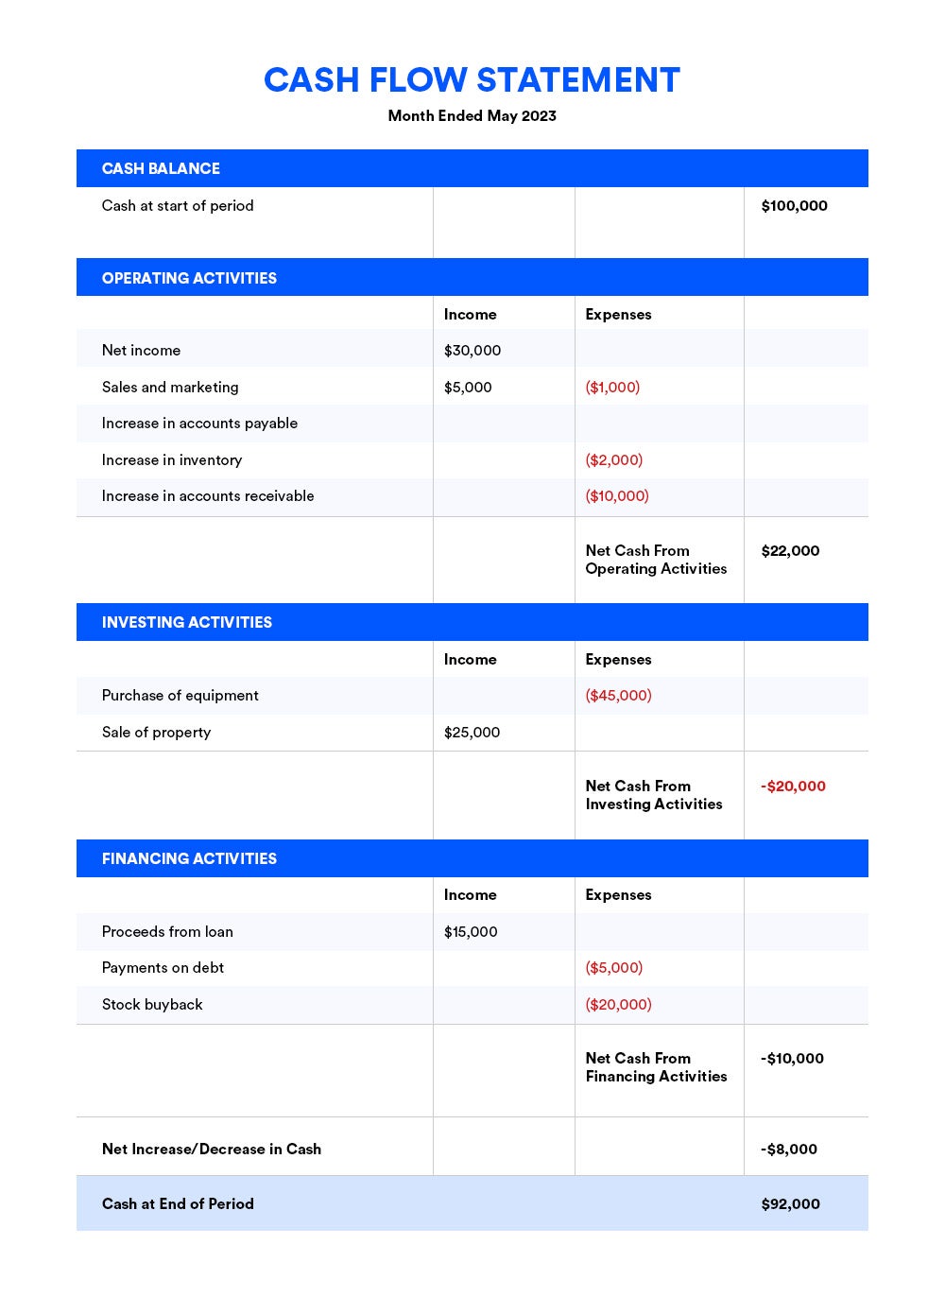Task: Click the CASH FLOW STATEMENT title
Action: point(472,80)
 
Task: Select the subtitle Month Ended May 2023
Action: point(472,116)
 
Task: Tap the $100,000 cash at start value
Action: point(794,206)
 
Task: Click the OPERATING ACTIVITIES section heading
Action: point(189,278)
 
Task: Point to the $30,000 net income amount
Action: point(472,351)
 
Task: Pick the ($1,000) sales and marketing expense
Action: point(612,388)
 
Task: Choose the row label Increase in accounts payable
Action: point(199,424)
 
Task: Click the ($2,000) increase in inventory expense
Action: point(613,460)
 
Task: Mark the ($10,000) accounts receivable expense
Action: point(617,496)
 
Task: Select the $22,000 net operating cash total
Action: point(790,551)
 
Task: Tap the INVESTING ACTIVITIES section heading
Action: point(187,622)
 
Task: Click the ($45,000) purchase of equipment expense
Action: point(618,696)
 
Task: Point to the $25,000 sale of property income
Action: point(472,733)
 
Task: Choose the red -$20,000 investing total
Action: point(793,787)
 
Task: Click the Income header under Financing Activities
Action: point(470,895)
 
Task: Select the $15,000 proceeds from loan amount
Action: point(471,932)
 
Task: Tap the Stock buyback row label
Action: point(152,1005)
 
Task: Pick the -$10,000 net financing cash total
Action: point(792,1059)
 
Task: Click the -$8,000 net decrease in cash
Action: point(789,1150)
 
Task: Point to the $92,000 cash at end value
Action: point(790,1204)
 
